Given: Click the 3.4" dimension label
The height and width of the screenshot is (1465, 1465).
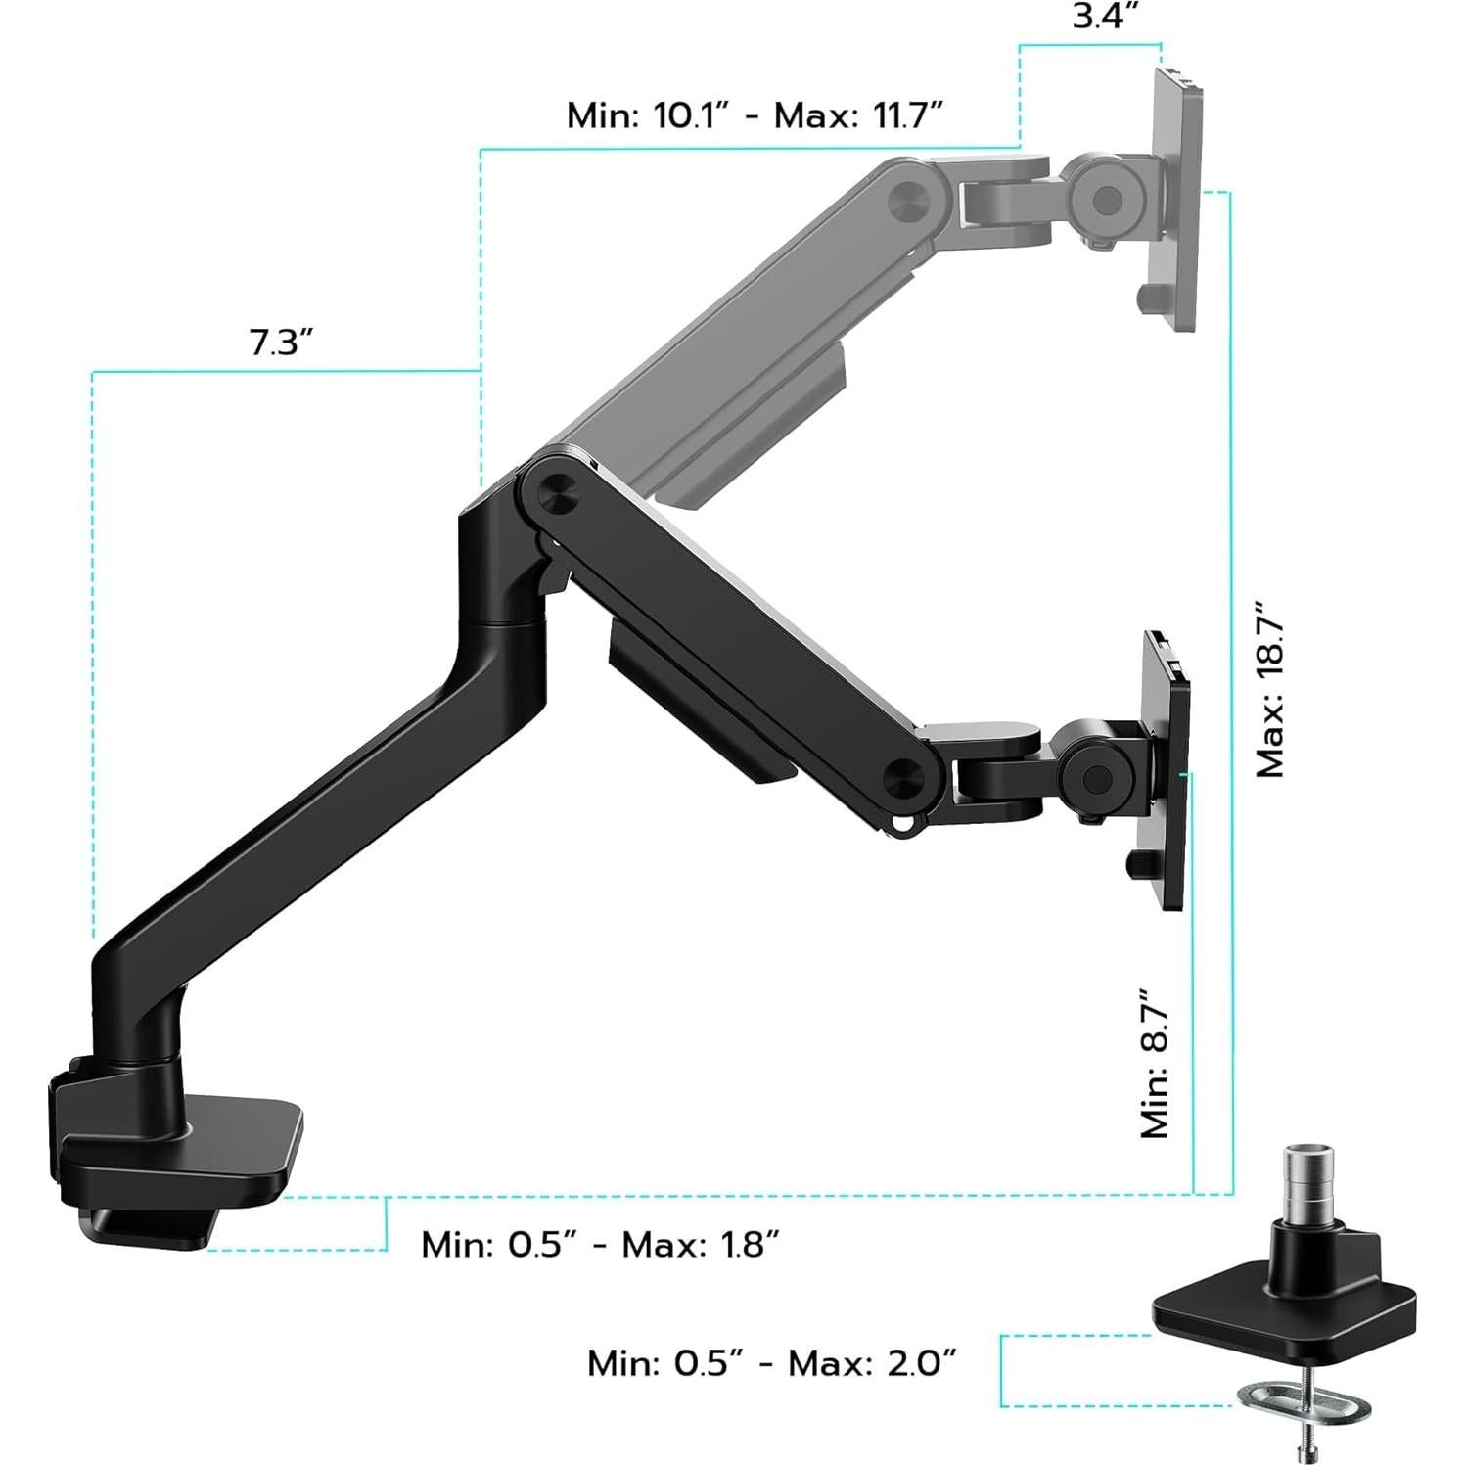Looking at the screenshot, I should [x=1105, y=17].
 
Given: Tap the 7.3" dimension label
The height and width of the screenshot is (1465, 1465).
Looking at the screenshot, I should [x=281, y=343].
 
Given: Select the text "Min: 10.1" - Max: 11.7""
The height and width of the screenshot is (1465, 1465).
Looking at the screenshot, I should [x=754, y=115].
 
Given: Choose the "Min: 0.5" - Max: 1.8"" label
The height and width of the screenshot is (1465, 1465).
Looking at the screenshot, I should [x=600, y=1245].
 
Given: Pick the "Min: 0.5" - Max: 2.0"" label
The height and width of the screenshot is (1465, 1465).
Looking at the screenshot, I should [x=771, y=1362].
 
